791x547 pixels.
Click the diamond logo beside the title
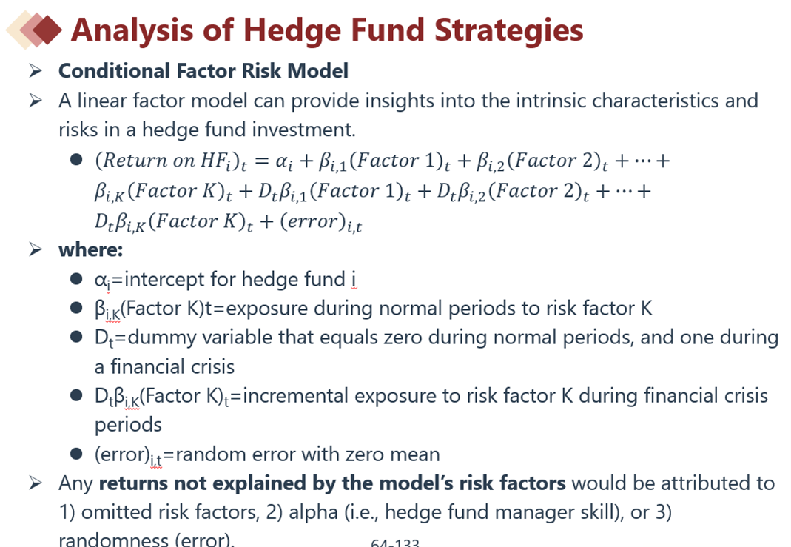coord(34,30)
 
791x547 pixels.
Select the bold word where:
coord(91,249)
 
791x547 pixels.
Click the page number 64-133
coord(395,543)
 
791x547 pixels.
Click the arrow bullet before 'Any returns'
coord(36,483)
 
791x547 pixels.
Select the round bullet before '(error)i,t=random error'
coord(76,454)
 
